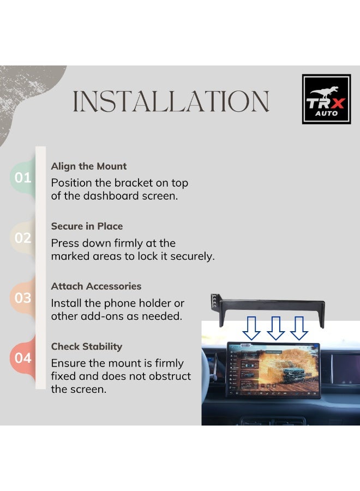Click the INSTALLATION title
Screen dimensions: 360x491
pyautogui.click(x=171, y=101)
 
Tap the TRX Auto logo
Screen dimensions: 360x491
pyautogui.click(x=327, y=99)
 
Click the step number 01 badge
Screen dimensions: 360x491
pyautogui.click(x=22, y=177)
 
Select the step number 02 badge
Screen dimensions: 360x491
pyautogui.click(x=22, y=238)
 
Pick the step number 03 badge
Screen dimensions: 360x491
pyautogui.click(x=22, y=298)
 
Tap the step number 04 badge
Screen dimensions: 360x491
pyautogui.click(x=22, y=358)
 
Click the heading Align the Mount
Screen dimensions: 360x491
pyautogui.click(x=89, y=166)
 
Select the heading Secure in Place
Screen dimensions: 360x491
pyautogui.click(x=87, y=226)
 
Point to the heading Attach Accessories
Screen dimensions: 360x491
pyautogui.click(x=96, y=286)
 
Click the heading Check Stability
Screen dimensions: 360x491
pyautogui.click(x=87, y=346)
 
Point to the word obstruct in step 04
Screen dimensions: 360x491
pyautogui.click(x=170, y=376)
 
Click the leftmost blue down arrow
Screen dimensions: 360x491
pyautogui.click(x=251, y=328)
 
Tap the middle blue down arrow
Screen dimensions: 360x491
pyautogui.click(x=275, y=328)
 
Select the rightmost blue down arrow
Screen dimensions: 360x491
pyautogui.click(x=299, y=328)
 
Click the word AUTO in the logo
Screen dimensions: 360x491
pyautogui.click(x=327, y=113)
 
